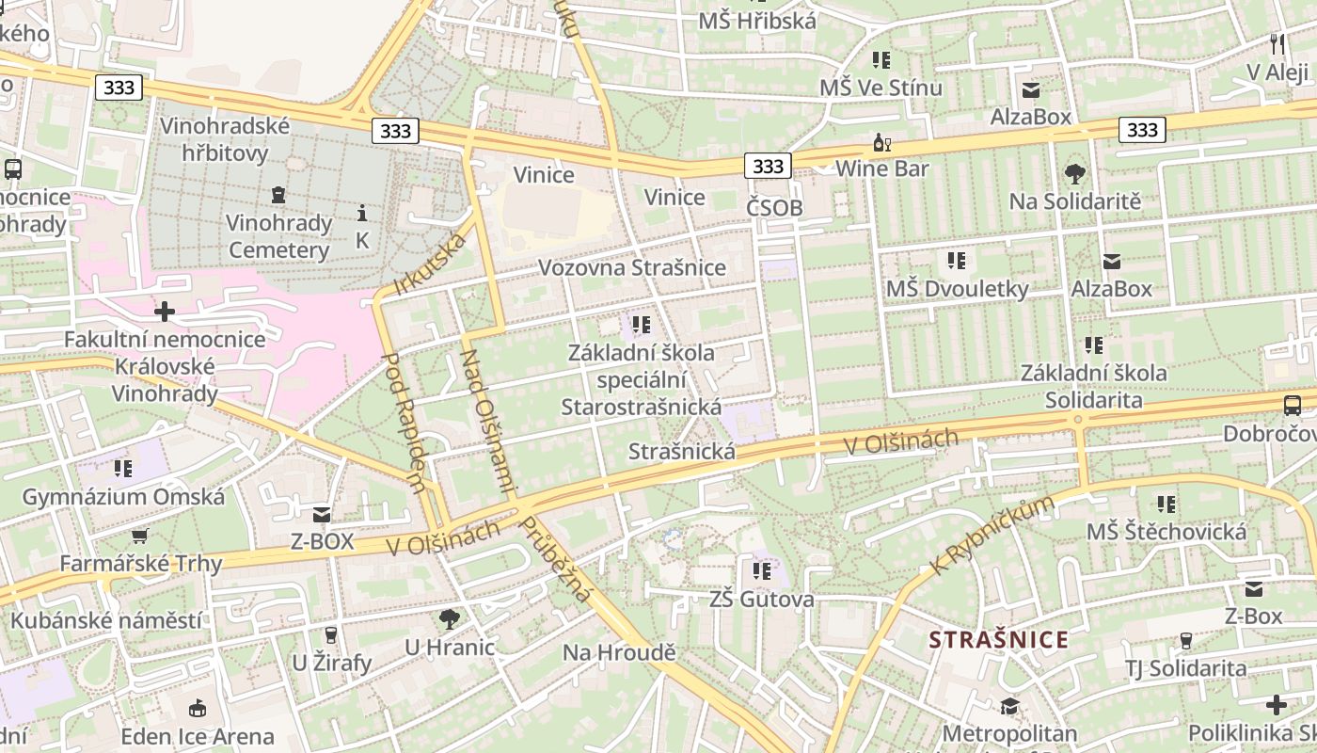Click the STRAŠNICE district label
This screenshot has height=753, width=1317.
998,640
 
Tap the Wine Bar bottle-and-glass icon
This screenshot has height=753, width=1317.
881,143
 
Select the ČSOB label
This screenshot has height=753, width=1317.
774,208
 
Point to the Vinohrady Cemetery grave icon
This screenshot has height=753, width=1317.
278,196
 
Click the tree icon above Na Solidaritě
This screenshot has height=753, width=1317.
1074,174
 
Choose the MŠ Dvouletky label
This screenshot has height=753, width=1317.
957,289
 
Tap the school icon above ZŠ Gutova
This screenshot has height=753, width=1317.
761,570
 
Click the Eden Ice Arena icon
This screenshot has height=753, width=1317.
198,709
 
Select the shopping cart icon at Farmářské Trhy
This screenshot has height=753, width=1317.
140,537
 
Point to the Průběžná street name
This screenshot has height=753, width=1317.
556,558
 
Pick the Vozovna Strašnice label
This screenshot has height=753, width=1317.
631,268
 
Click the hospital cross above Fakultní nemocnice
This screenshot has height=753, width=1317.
165,311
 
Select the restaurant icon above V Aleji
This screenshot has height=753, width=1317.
1277,43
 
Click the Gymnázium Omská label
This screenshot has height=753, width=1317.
123,497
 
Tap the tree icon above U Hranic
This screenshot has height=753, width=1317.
450,619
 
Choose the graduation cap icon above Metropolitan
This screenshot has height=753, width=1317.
1009,706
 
